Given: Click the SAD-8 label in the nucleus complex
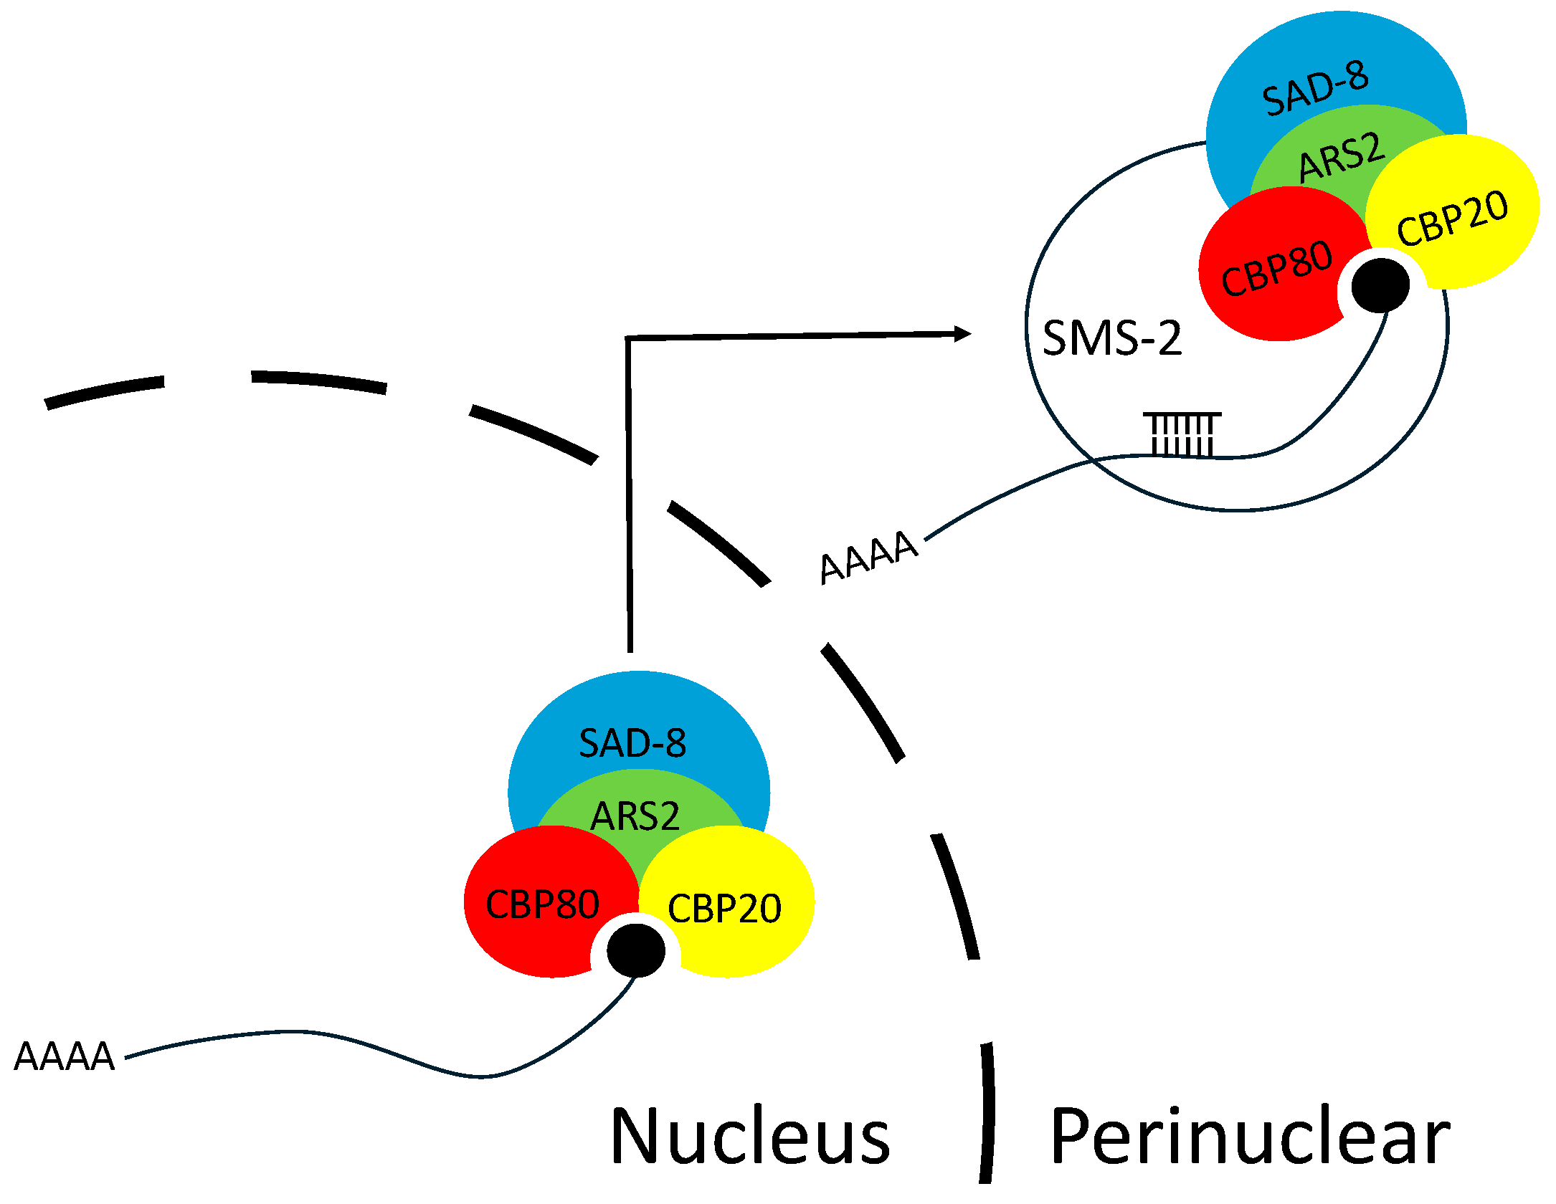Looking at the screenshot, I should pyautogui.click(x=632, y=743).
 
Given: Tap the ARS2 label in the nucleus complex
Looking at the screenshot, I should pyautogui.click(x=635, y=816).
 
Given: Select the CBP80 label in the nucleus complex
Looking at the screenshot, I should pyautogui.click(x=542, y=904).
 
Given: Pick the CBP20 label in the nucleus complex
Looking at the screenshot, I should pyautogui.click(x=724, y=909).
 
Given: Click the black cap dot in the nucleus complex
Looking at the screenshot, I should pyautogui.click(x=636, y=951).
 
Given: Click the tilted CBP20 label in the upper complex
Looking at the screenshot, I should pyautogui.click(x=1452, y=219).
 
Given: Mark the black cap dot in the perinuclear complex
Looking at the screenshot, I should pyautogui.click(x=1380, y=285).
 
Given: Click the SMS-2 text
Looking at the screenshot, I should pyautogui.click(x=1111, y=338).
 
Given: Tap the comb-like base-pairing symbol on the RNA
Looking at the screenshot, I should pyautogui.click(x=1182, y=434).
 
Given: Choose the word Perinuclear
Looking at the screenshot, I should pyautogui.click(x=1250, y=1138).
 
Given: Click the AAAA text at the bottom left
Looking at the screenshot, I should pyautogui.click(x=65, y=1056).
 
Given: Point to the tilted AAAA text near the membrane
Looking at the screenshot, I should pyautogui.click(x=868, y=558).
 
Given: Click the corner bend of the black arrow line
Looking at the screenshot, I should pyautogui.click(x=628, y=338).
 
